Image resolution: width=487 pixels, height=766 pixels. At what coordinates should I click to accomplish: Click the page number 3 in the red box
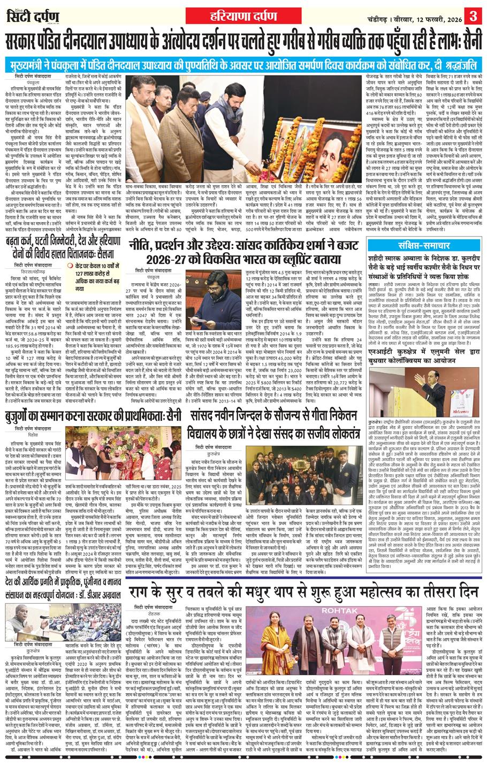tap(474, 13)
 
